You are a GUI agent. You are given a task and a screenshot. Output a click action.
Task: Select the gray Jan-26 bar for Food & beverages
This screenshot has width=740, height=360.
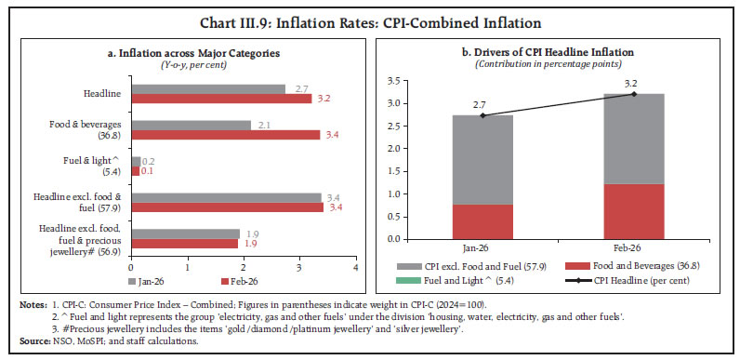pos(191,125)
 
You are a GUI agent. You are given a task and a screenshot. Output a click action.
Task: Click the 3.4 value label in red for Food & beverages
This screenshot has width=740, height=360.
pos(330,134)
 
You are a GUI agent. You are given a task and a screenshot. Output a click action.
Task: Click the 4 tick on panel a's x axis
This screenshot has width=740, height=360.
pos(355,267)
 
